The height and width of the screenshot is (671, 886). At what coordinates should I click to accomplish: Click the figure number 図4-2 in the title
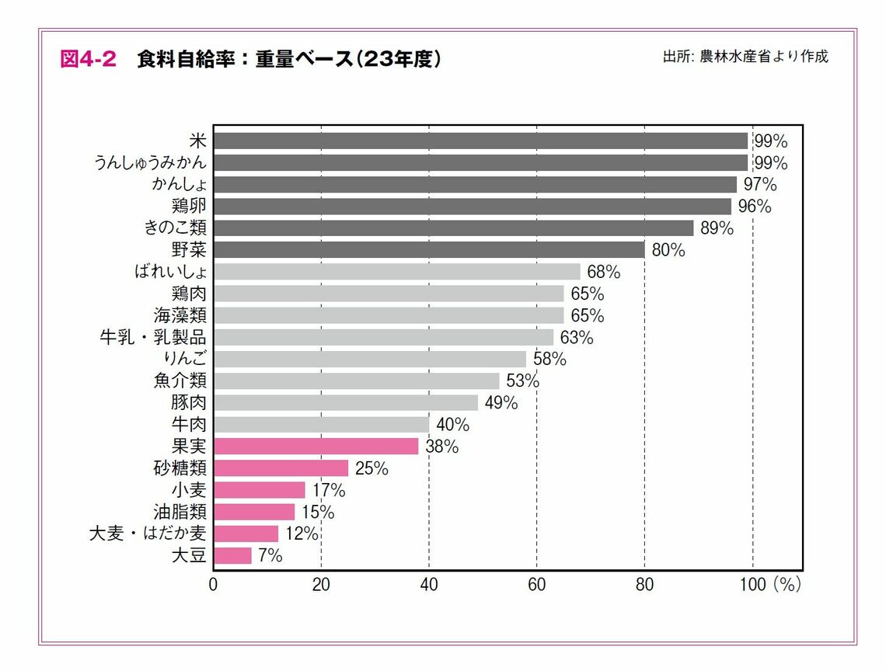click(x=88, y=60)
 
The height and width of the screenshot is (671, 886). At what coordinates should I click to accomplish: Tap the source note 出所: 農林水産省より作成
click(x=745, y=57)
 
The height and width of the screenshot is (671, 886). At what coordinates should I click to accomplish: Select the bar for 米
click(x=480, y=141)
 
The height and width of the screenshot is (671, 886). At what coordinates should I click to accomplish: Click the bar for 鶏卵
click(x=473, y=207)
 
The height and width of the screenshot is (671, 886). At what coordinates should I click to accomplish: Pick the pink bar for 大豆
click(x=232, y=555)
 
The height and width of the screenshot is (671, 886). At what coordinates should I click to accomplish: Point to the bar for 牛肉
click(x=321, y=425)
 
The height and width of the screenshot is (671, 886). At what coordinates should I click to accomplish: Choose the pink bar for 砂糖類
click(x=281, y=468)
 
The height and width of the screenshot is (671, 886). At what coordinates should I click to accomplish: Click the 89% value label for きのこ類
click(x=716, y=228)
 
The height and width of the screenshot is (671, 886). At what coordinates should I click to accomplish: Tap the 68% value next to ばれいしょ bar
click(x=603, y=272)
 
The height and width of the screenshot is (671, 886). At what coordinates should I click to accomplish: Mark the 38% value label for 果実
click(x=441, y=447)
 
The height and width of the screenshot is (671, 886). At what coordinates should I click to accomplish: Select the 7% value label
click(x=269, y=555)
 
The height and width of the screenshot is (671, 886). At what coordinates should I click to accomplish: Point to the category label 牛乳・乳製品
click(x=152, y=337)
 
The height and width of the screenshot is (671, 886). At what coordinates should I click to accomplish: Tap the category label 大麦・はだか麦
click(x=148, y=534)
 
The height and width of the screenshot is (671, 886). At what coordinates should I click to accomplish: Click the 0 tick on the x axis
click(x=213, y=585)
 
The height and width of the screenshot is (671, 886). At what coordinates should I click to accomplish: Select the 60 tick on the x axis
click(x=536, y=585)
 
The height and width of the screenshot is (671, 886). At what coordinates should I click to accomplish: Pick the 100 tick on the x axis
click(x=752, y=585)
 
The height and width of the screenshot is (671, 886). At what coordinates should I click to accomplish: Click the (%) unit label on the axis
click(x=787, y=585)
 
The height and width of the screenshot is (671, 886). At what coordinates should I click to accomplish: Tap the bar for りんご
click(x=369, y=359)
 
